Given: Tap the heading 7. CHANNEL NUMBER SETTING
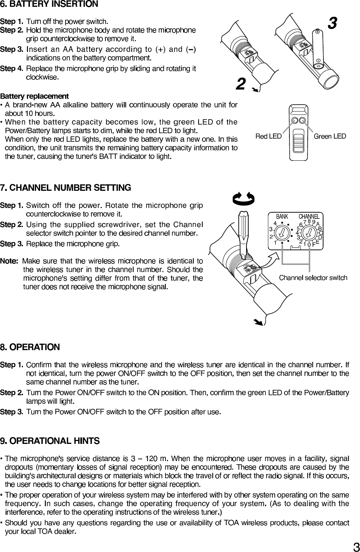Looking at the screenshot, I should [x=66, y=188].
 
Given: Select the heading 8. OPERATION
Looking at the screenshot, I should [x=30, y=347].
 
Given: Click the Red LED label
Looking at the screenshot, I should [x=268, y=136].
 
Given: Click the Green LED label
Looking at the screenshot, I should [x=330, y=136].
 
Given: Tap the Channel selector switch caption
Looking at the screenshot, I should [x=313, y=278].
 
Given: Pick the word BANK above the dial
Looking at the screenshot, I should [x=282, y=217].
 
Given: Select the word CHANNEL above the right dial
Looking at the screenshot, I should [x=309, y=217].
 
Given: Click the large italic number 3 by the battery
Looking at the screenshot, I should [x=332, y=24].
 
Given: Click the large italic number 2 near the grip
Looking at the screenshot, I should [x=241, y=84].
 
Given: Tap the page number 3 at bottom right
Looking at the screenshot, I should [x=356, y=547].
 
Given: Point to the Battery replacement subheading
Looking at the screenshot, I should [x=34, y=96].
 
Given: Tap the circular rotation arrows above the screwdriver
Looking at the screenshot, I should [x=244, y=198].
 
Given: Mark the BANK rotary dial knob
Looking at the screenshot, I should [x=283, y=233].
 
